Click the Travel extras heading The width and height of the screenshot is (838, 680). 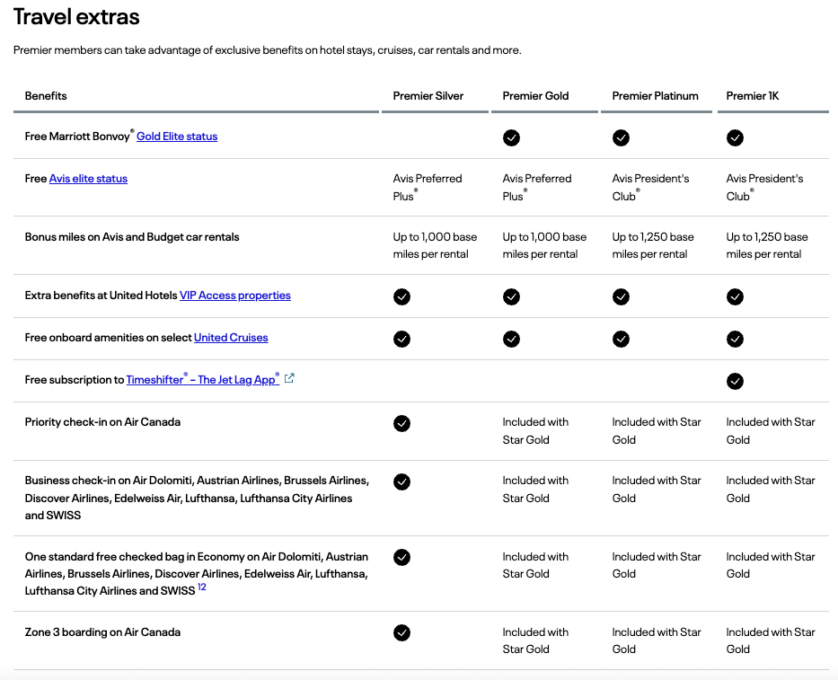tap(76, 17)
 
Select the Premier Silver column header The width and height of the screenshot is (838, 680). tap(428, 96)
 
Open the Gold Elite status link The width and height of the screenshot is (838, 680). tap(177, 137)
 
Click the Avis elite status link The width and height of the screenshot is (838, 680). tap(88, 179)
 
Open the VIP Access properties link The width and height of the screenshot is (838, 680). tap(234, 296)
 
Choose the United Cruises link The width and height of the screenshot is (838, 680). tap(231, 338)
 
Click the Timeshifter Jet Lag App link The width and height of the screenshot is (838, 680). tap(202, 380)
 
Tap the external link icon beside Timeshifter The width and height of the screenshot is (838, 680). tap(289, 379)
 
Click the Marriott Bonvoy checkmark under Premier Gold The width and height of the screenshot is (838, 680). tap(511, 137)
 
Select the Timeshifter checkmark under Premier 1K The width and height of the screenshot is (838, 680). tap(735, 381)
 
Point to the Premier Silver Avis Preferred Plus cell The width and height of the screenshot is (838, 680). tap(428, 187)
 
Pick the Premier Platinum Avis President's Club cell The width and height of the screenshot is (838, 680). tap(650, 187)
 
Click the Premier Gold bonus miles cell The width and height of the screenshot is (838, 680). tap(544, 245)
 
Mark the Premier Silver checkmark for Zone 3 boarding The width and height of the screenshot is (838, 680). tap(401, 633)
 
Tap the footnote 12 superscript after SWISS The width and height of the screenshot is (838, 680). tap(202, 587)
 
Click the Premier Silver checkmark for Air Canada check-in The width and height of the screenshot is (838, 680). tap(401, 423)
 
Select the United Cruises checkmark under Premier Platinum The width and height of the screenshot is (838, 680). tap(621, 339)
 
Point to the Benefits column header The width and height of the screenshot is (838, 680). tap(46, 96)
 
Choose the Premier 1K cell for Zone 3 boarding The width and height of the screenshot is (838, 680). tap(771, 640)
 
